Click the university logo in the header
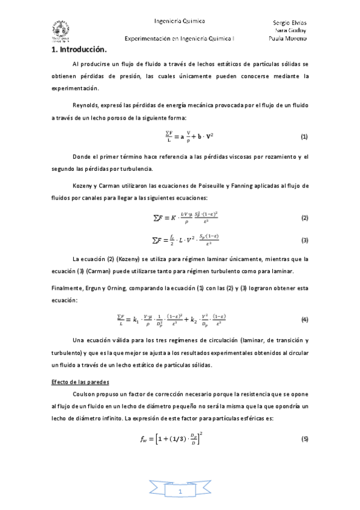(61, 31)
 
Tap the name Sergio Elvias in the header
(289, 22)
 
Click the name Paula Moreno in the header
(288, 38)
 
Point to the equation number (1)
(304, 137)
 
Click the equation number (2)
(304, 217)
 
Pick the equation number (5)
(304, 438)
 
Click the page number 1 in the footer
(180, 493)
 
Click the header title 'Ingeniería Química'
(180, 20)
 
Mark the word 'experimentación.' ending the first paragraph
(75, 88)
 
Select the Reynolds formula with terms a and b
(180, 137)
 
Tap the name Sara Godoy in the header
(289, 30)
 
